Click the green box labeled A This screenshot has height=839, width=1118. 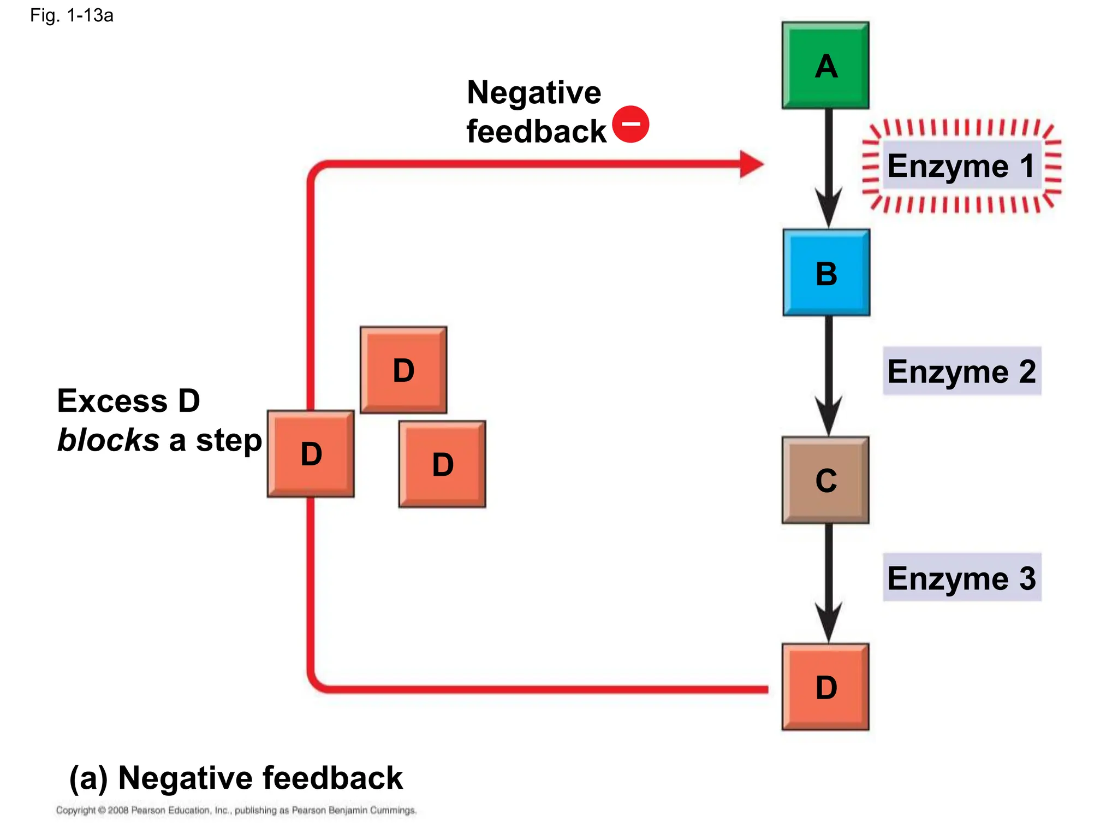click(825, 66)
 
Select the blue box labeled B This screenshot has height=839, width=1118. click(826, 273)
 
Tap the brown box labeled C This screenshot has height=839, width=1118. click(825, 480)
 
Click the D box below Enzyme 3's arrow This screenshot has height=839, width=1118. click(825, 687)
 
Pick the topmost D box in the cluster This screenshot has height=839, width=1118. click(403, 370)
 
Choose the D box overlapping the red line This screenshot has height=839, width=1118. click(311, 453)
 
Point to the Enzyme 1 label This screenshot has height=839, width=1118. click(961, 166)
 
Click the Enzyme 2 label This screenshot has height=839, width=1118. click(961, 371)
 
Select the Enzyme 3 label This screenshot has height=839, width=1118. click(961, 578)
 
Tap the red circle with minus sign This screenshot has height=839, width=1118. click(631, 124)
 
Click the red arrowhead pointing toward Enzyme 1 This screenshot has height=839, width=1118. click(752, 164)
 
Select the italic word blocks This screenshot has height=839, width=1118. click(108, 440)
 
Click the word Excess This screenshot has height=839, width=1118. click(112, 401)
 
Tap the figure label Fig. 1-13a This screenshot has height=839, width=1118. click(72, 15)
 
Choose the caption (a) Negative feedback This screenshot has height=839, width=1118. click(236, 777)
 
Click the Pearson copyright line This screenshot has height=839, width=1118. click(236, 810)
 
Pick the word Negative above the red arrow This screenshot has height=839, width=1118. click(533, 92)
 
